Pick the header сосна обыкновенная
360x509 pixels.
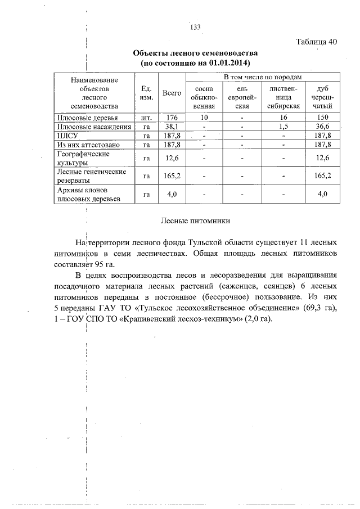coord(205,97)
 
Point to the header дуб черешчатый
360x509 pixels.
coord(322,97)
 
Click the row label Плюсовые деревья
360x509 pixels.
coord(87,118)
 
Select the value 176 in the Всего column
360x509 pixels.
coord(172,118)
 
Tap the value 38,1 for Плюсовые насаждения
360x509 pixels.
coord(172,127)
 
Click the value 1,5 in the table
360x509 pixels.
coord(283,127)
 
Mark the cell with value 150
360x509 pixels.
coord(322,118)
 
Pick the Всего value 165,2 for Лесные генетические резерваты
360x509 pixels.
coord(172,175)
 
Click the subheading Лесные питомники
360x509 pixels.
coord(195,222)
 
